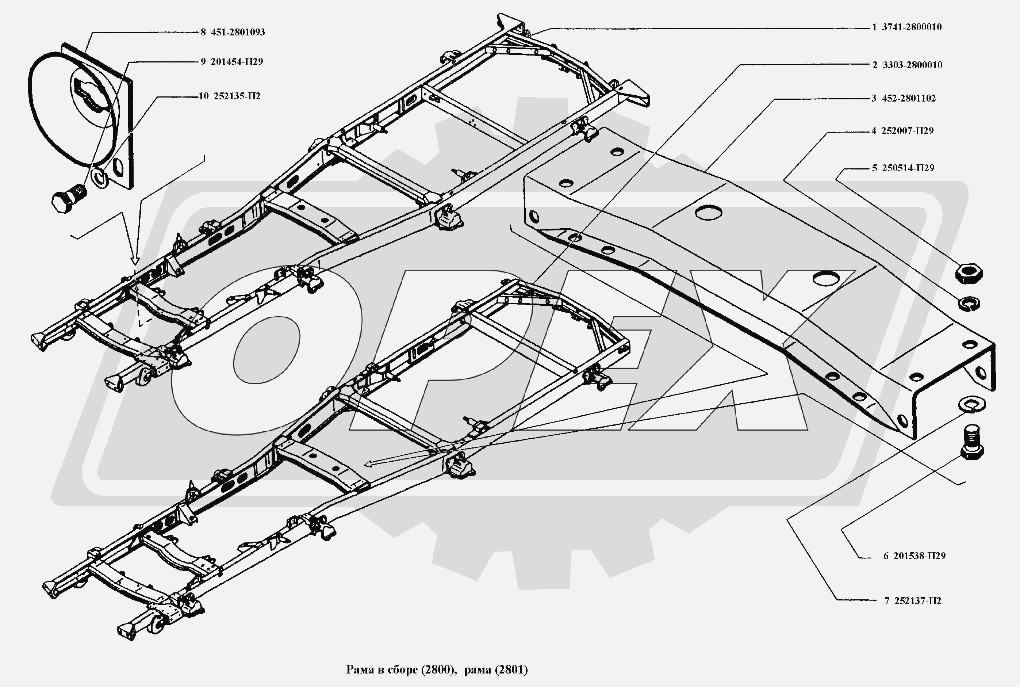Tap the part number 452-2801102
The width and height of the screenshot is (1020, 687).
coord(908,98)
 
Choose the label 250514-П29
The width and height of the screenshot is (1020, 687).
coord(908,168)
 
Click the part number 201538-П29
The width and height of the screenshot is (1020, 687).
coord(919,556)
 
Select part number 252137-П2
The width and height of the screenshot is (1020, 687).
coord(917,601)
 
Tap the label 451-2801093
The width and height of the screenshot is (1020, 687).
coord(238,32)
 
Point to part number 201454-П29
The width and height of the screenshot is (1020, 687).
coord(237,62)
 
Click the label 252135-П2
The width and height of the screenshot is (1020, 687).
coord(237,96)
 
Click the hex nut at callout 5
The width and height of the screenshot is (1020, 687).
coord(968,274)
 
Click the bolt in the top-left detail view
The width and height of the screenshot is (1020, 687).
coord(68,199)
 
